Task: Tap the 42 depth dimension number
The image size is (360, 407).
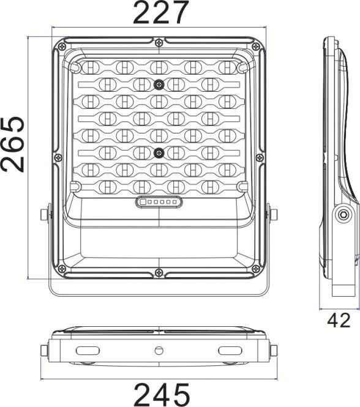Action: pos(339,320)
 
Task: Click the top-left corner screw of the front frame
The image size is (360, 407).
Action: pos(62,47)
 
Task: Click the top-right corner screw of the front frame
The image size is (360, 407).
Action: pos(256,47)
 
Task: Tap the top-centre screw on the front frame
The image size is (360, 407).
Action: pos(159,42)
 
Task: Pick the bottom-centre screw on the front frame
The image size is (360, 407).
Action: pos(159,272)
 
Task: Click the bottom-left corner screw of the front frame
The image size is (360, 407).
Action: pos(62,269)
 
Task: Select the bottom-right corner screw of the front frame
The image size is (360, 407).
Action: pos(256,269)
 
